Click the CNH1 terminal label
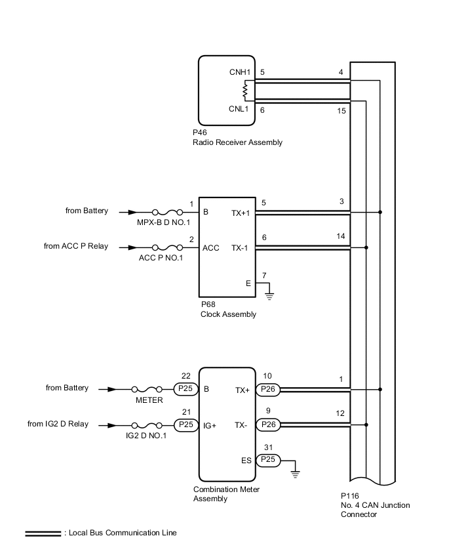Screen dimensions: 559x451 coord(239,73)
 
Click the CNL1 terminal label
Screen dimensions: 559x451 coord(239,110)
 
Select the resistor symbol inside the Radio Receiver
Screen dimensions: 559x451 coord(245,91)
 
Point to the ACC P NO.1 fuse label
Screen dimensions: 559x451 coord(161,258)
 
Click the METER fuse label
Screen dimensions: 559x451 coord(149,400)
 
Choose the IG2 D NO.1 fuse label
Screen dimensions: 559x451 coord(146,436)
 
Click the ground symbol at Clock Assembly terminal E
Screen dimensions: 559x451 coord(269,295)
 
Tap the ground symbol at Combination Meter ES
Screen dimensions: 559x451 coord(296,472)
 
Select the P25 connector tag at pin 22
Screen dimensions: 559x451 coord(186,389)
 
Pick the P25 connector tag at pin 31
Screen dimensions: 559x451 coord(267,461)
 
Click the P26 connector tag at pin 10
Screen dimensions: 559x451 coord(267,389)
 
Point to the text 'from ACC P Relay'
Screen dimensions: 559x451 coord(76,247)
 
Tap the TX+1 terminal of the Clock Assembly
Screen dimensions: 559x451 coord(241,213)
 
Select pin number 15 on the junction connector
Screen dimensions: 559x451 coord(342,112)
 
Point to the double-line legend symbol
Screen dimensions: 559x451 coord(43,533)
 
